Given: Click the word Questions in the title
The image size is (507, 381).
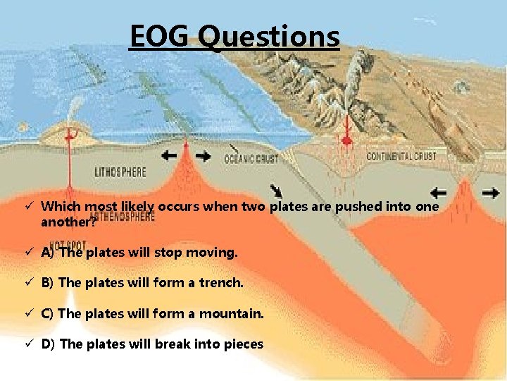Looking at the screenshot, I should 268,37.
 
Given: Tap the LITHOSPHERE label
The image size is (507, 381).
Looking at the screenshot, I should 120,171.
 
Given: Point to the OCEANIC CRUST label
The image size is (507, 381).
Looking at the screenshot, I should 251,159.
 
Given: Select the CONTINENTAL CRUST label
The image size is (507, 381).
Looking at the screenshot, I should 401,156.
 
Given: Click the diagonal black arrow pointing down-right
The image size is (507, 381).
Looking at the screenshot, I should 278,190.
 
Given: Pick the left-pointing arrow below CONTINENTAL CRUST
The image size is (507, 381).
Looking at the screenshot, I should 437,191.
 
